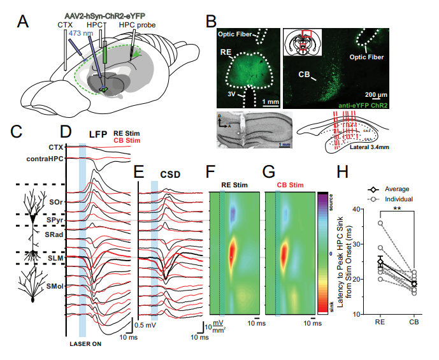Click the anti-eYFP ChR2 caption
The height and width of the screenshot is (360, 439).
364,103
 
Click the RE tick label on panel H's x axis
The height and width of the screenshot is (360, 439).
380,323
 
